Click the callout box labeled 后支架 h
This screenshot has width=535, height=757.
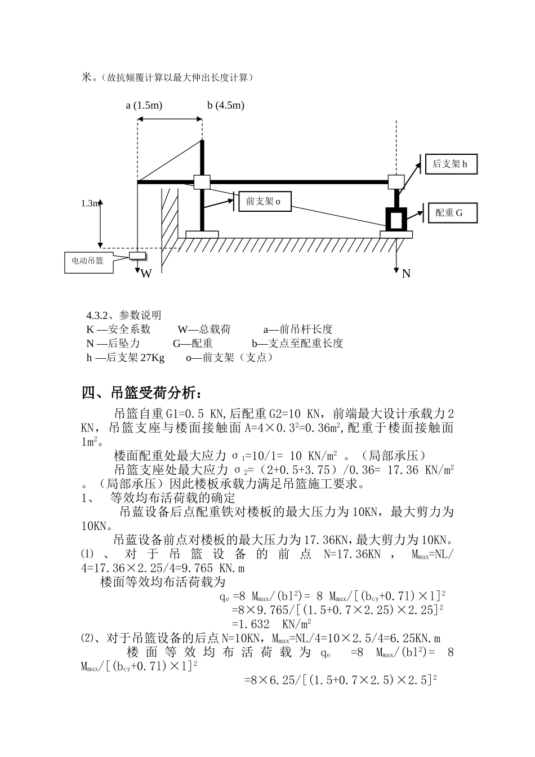451,164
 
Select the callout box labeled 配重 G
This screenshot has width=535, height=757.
453,213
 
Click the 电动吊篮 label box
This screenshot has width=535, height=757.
88,261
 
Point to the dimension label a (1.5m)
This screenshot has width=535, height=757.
144,105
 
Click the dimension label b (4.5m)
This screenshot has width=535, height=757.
226,105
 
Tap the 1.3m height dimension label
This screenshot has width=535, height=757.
90,203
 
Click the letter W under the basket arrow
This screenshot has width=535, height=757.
146,274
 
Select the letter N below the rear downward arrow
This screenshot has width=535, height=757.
406,274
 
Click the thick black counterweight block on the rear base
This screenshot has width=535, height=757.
396,219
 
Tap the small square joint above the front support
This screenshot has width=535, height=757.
202,182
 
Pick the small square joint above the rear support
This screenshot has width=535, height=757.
396,182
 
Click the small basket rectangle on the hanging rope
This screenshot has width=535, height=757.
137,256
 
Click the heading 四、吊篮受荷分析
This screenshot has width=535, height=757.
140,393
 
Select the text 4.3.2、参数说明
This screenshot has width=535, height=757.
123,315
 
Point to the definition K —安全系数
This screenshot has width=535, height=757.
118,329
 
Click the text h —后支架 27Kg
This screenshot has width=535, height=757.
126,358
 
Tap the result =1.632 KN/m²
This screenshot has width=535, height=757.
271,624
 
